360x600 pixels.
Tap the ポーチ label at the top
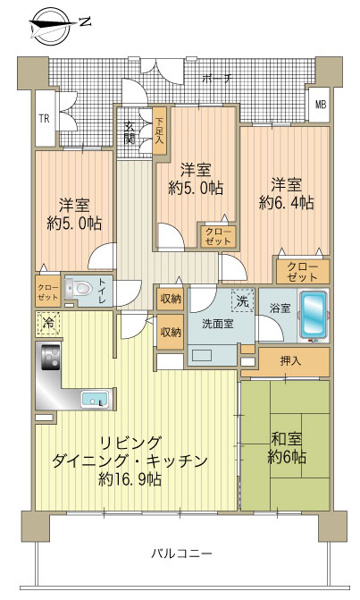211,78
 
